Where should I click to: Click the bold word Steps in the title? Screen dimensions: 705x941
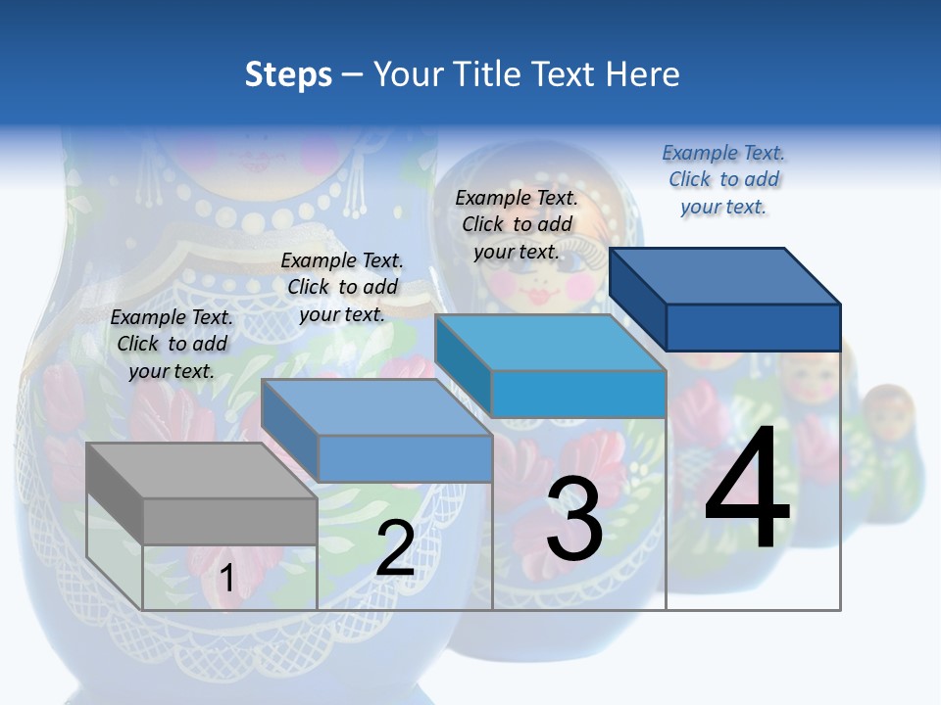(x=288, y=74)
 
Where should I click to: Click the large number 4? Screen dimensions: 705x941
(x=747, y=490)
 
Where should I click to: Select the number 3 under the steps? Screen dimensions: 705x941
(x=573, y=519)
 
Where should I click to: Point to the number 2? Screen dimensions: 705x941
(x=395, y=548)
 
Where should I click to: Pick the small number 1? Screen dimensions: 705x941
(x=226, y=578)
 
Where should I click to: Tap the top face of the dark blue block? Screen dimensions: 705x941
(x=725, y=275)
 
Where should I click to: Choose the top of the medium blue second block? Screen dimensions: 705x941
(x=377, y=407)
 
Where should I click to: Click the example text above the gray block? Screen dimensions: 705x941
(x=172, y=344)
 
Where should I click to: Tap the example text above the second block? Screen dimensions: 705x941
(x=342, y=287)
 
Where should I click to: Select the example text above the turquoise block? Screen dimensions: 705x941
(x=517, y=224)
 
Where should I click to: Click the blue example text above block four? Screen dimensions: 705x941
(x=723, y=179)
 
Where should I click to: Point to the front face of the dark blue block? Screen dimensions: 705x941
(x=753, y=327)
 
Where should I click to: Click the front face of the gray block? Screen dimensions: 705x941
(x=229, y=521)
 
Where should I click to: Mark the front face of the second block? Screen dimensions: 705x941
(x=405, y=458)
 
